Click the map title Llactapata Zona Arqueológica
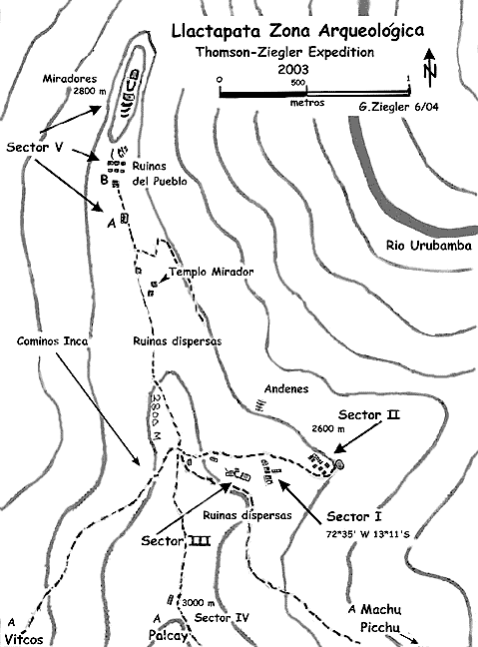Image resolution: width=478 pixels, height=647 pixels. (x=297, y=31)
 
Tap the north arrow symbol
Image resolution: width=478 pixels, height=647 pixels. (x=430, y=69)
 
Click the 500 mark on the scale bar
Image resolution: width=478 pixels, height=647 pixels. (x=297, y=83)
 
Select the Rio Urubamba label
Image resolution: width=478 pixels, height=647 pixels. (x=429, y=246)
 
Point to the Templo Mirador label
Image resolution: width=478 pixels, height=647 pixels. (x=212, y=272)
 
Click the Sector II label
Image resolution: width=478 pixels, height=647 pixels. (x=369, y=414)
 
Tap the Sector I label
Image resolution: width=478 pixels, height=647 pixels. (x=354, y=516)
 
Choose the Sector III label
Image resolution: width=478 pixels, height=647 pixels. (x=176, y=540)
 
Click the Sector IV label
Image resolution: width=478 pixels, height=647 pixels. (x=222, y=618)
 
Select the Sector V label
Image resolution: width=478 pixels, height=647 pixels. (x=35, y=148)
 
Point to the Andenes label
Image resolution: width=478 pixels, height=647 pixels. (x=286, y=388)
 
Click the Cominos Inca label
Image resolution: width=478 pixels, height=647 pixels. (x=52, y=341)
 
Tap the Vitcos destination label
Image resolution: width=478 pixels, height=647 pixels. (x=24, y=640)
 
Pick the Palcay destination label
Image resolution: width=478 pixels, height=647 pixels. (x=169, y=636)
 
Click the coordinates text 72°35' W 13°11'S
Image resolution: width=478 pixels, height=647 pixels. (x=368, y=534)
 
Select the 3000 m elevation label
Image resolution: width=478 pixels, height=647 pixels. (x=198, y=603)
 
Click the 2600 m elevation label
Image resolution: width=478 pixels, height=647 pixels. (x=328, y=428)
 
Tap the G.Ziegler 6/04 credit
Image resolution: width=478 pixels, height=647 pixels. (x=398, y=107)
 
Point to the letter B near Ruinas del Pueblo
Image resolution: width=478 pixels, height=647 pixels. (x=105, y=180)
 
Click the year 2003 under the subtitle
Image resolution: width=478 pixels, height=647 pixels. (x=292, y=69)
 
